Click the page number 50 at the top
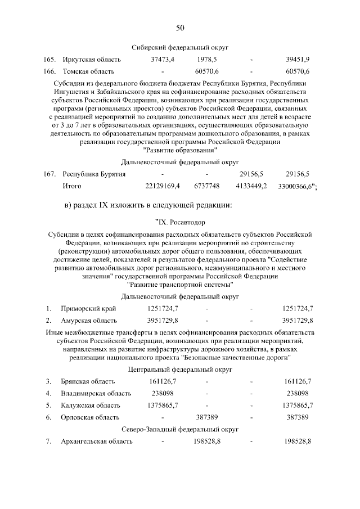[180, 28]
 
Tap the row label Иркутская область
[88, 59]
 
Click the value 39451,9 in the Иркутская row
[298, 59]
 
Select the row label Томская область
[88, 71]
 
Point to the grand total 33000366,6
[296, 186]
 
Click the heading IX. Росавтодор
[180, 222]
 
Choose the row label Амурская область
[89, 321]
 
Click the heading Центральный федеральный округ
[180, 370]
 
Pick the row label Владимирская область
[96, 393]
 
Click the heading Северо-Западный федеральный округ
[180, 429]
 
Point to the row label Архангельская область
[97, 442]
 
